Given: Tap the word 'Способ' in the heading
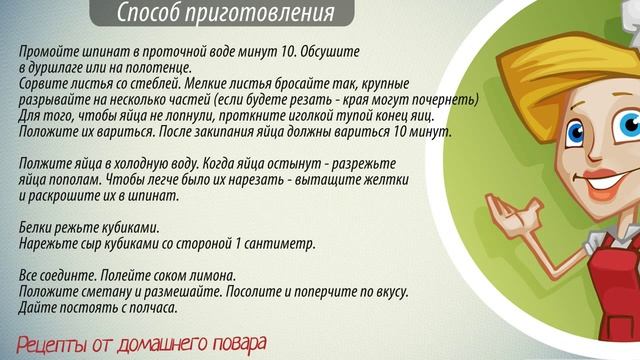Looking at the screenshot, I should (151, 13).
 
